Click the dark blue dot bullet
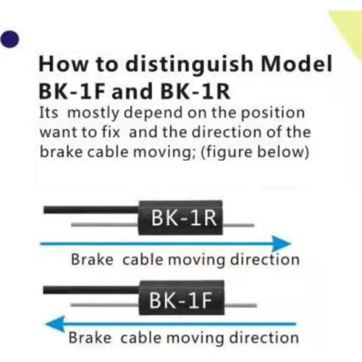9,39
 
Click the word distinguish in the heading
190,64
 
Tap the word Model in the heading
297,64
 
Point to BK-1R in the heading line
195,91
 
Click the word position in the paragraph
273,114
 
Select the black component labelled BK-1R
180,218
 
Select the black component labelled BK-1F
182,298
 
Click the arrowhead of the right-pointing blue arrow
281,244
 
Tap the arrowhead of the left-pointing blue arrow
55,324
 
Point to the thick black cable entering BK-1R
91,210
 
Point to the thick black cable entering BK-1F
91,290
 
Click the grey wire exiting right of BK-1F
240,306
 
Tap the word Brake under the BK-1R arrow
92,260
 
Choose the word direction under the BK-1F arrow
264,337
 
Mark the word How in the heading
63,64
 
